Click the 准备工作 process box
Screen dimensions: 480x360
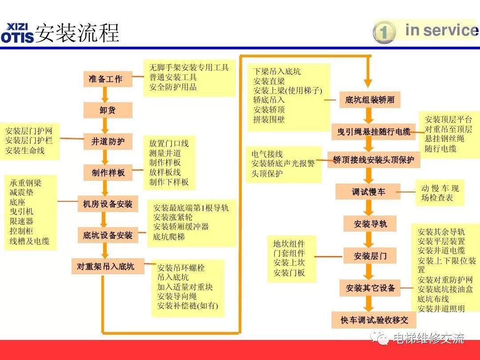[105, 79]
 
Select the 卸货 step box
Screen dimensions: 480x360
[108, 110]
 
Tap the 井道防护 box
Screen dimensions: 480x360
[108, 142]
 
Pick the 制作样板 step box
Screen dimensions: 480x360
[108, 173]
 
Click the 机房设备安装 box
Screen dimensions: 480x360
[108, 204]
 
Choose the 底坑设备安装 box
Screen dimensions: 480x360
[108, 235]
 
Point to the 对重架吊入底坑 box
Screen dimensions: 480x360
[105, 266]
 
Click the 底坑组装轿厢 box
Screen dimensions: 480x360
[370, 100]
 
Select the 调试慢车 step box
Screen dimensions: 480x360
[368, 192]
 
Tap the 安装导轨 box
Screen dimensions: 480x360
[370, 224]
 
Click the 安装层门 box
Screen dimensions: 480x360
[370, 256]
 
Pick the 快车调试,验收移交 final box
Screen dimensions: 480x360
[374, 320]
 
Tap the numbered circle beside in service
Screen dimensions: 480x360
[384, 32]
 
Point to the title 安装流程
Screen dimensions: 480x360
[77, 33]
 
